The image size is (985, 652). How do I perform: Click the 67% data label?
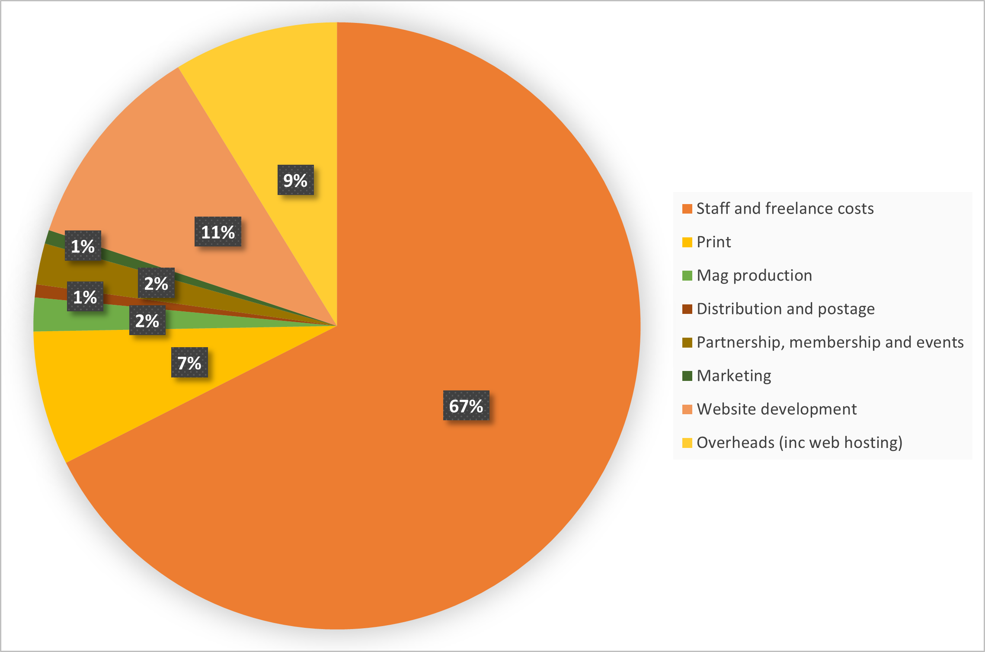[466, 406]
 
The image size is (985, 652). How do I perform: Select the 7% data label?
[189, 362]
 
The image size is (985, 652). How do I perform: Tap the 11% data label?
[218, 232]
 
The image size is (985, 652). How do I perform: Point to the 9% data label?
[295, 180]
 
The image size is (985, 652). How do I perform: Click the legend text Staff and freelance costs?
[785, 208]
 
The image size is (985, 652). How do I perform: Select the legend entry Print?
[713, 242]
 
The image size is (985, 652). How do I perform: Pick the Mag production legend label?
[754, 275]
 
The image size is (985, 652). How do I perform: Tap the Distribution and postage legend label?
[786, 309]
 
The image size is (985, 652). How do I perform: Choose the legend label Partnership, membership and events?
[830, 342]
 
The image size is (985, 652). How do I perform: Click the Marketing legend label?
[734, 376]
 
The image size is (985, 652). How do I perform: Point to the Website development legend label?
[777, 409]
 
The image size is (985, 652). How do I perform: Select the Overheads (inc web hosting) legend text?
[800, 442]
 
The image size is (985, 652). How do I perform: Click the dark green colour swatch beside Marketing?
[687, 376]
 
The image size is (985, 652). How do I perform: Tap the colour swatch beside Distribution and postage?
[687, 309]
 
